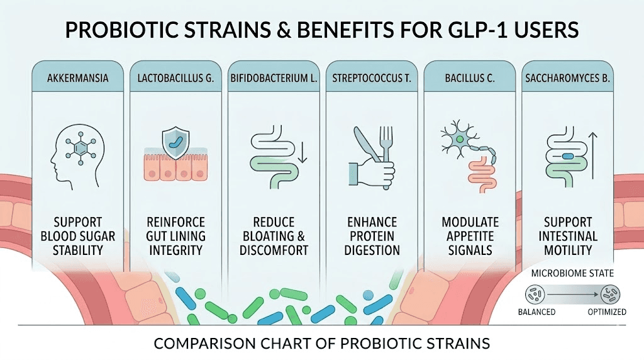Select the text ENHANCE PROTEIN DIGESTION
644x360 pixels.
tap(372, 236)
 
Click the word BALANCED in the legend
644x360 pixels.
tap(536, 312)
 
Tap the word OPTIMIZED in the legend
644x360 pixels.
tap(606, 312)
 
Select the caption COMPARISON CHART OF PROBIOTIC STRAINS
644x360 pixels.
tap(322, 344)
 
